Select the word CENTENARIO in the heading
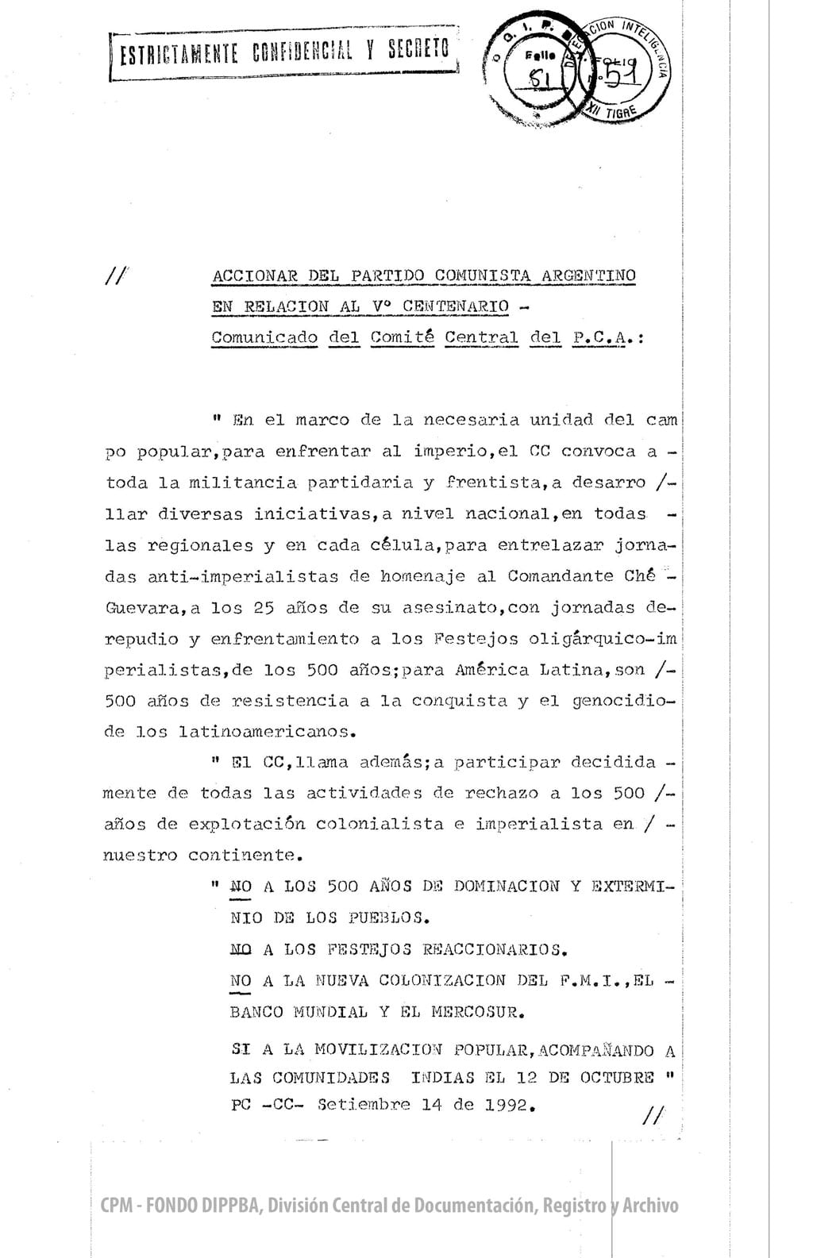pos(456,306)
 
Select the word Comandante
pos(561,576)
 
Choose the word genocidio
pos(623,701)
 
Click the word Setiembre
pos(364,1104)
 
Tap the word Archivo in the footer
pos(650,1206)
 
